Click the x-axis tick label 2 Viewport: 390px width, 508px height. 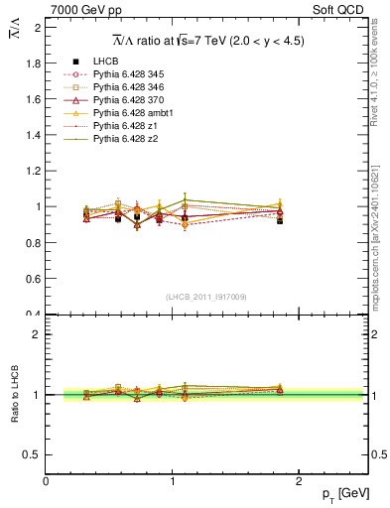pos(302,481)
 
